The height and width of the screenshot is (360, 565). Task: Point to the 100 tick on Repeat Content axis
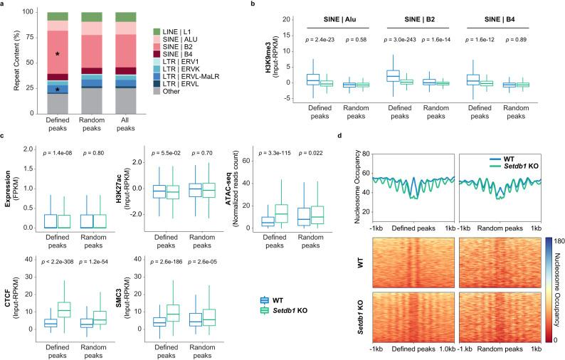click(25, 12)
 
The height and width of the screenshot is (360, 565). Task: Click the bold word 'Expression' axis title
click(6, 186)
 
